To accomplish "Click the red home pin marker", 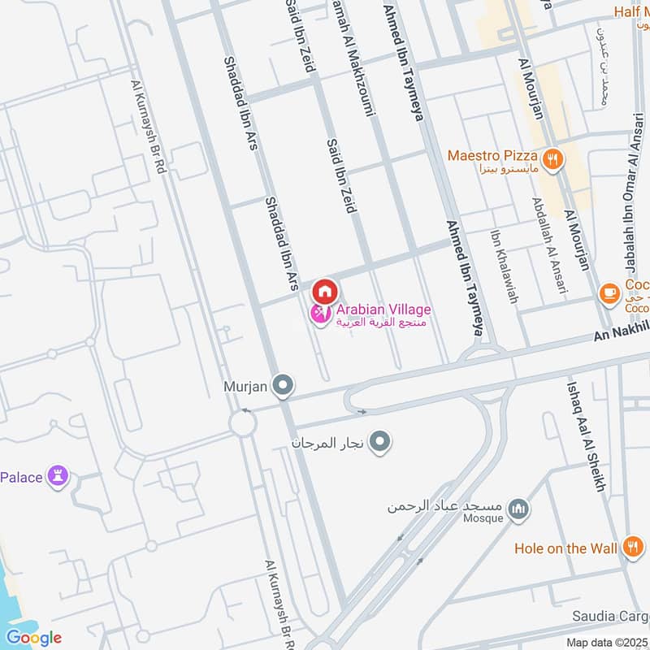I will (x=324, y=290).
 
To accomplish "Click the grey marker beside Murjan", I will (x=283, y=385).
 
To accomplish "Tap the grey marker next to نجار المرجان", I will (x=380, y=442).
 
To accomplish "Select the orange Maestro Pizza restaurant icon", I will (x=552, y=159).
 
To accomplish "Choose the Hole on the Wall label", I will (x=565, y=548).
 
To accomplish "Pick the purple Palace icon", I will (x=58, y=475).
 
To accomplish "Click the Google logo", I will (x=33, y=637).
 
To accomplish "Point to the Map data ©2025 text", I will (x=607, y=643).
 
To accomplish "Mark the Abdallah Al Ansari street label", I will (x=550, y=245).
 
